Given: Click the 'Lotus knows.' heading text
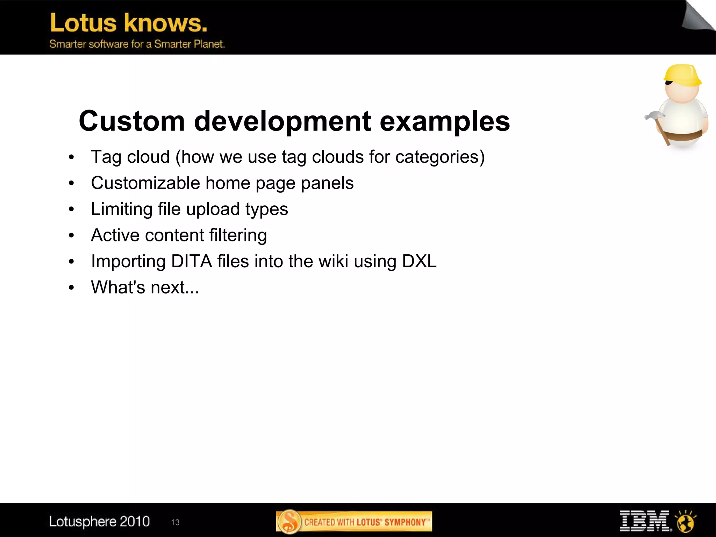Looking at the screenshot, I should pos(128,23).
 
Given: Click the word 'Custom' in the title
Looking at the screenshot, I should pos(132,121).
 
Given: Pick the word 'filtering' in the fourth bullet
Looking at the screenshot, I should pos(238,235).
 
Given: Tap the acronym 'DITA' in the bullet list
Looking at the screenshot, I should pos(191,261).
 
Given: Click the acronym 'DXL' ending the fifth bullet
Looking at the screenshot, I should pos(419,261).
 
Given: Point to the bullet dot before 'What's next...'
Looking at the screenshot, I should pos(72,288).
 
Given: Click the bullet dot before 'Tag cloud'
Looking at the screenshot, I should pos(72,157).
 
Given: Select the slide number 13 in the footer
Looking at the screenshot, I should pos(175,522).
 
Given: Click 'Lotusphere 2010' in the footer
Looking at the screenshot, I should pos(99,521).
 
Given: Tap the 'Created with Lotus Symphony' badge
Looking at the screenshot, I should pos(354,522).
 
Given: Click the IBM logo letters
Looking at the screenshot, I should pos(644,521).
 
